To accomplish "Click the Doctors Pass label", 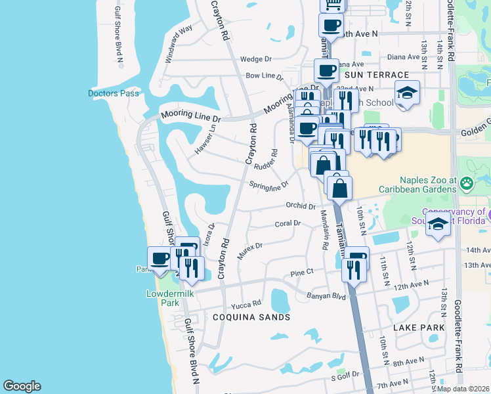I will coord(114,93).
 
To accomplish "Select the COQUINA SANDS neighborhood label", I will coord(251,317).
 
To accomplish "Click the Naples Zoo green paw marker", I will coord(467,182).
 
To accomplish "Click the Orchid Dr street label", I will coord(301,206).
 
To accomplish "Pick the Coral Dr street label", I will coord(288,223).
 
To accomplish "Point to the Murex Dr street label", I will coord(249,250).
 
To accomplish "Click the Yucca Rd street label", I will coord(246,305).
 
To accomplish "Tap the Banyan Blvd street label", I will coord(326,295).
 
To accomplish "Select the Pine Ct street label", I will coord(303,273).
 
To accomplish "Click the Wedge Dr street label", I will coord(255,58).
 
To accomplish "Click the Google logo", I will coord(22,386).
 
